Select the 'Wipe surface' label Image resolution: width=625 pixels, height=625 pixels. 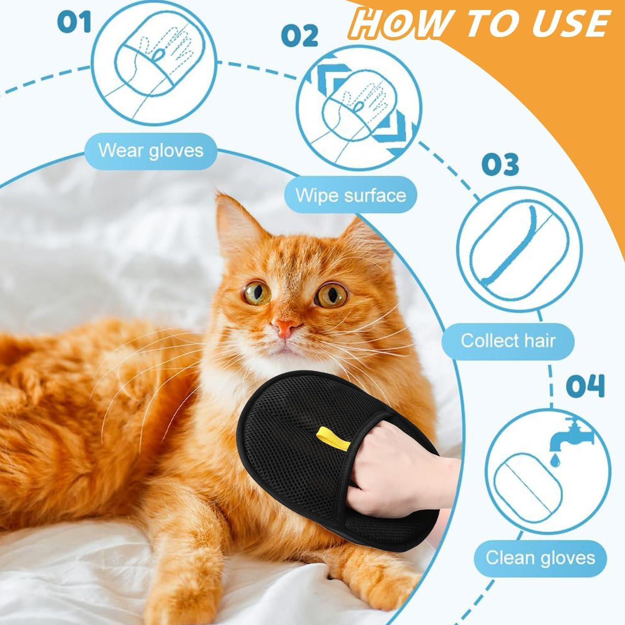[x=350, y=195]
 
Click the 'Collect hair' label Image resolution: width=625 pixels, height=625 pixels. [x=508, y=340]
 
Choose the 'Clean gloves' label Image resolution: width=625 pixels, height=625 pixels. [x=540, y=557]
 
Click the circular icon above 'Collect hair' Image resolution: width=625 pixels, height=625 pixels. [x=519, y=250]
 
